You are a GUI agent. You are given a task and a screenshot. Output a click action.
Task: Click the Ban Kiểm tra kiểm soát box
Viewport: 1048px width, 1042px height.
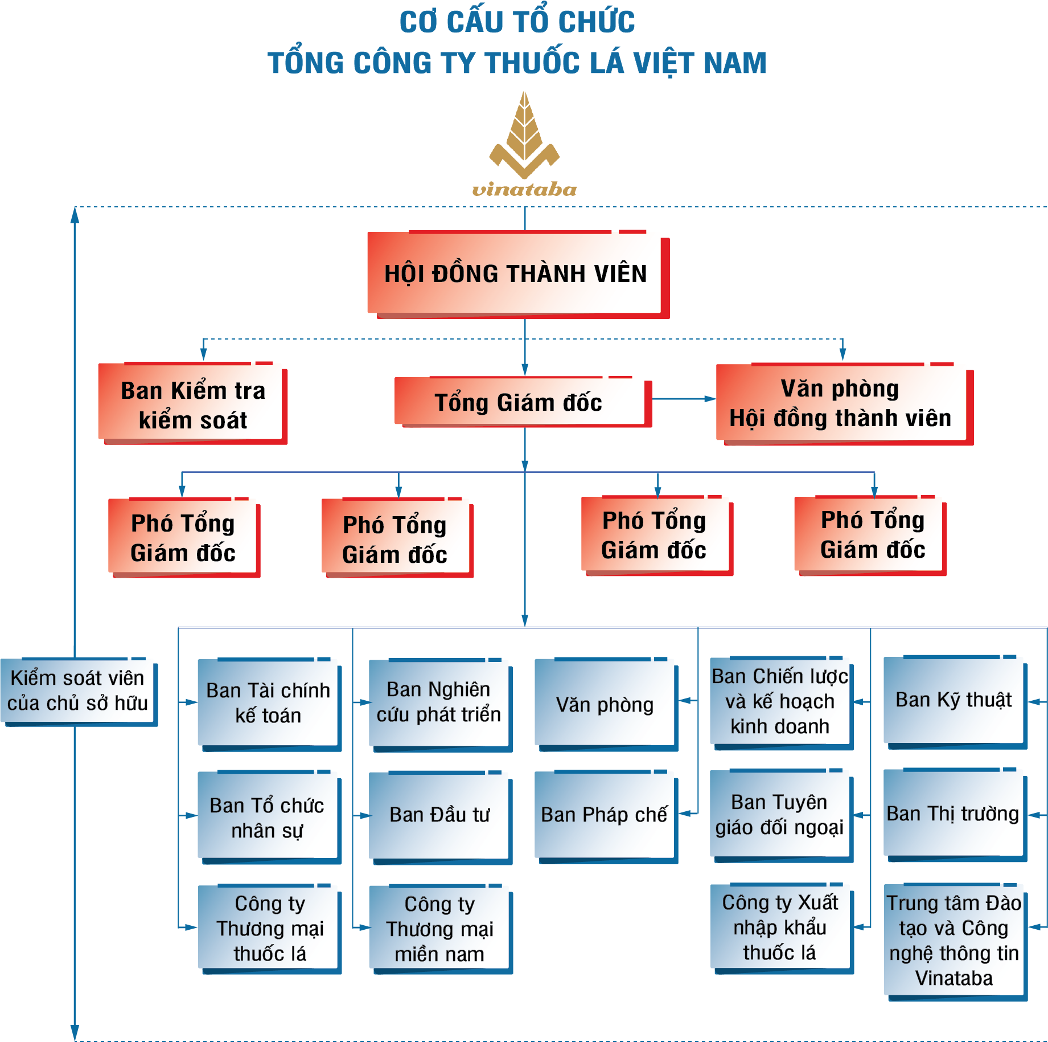[192, 404]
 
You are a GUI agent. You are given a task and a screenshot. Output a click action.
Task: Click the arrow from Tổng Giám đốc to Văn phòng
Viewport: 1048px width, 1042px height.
[683, 399]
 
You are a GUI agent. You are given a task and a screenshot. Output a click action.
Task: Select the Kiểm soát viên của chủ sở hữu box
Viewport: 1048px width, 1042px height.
[78, 691]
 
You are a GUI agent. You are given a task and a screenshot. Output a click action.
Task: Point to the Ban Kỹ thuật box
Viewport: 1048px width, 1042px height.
[954, 700]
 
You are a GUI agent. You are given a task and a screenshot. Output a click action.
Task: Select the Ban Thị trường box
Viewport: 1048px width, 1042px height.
[954, 814]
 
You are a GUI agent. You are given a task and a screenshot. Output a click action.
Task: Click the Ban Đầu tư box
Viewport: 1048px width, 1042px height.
[439, 815]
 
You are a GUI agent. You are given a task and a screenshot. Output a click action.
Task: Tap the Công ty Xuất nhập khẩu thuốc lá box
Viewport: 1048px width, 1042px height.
[780, 927]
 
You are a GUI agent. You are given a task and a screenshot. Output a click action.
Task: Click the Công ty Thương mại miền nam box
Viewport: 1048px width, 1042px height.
[439, 929]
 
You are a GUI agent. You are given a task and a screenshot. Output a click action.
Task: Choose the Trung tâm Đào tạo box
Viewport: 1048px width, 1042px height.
[955, 941]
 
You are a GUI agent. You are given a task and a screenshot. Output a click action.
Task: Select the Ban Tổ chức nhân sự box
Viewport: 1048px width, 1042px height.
[268, 818]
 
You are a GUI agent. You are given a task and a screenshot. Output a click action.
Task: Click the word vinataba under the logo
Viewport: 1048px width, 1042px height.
[524, 189]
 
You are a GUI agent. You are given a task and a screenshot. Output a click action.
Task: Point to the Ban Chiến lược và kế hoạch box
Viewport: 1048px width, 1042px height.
[780, 701]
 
